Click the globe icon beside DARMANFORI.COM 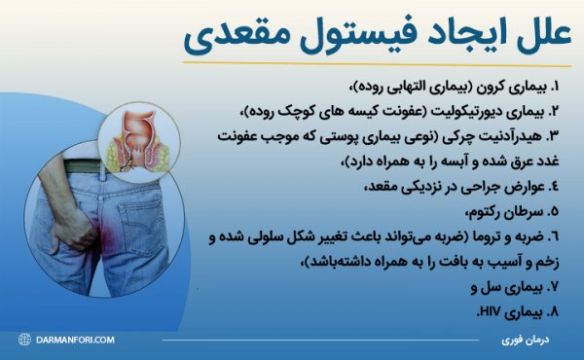[23, 340]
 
